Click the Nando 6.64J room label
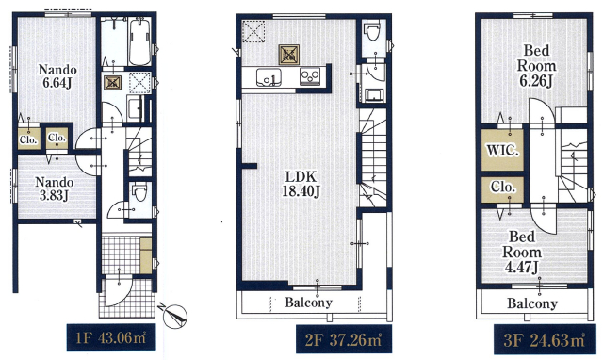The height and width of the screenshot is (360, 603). point(57,76)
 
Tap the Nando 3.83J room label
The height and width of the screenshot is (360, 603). point(55,188)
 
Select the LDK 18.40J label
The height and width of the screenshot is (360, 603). point(301,184)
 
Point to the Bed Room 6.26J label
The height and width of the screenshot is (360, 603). point(536,66)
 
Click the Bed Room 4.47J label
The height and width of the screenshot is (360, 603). point(522,253)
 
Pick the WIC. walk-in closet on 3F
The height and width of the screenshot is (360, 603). point(502,150)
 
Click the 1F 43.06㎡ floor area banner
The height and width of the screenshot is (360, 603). point(111,337)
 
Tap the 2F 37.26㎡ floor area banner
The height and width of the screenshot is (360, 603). point(344,339)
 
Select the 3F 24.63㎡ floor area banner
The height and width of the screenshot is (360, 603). point(544,339)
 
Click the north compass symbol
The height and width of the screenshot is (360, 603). point(175,316)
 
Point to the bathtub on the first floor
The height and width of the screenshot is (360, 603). point(139,41)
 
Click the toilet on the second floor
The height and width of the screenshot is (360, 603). point(372,30)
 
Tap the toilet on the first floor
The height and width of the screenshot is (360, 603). point(139,192)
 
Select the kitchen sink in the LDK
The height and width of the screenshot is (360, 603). point(269,77)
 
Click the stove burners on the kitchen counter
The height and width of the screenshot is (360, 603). point(310,76)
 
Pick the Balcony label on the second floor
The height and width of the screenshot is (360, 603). point(308,303)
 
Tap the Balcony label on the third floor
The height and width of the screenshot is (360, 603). point(531,303)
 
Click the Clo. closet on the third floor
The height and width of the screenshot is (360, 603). point(502,189)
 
